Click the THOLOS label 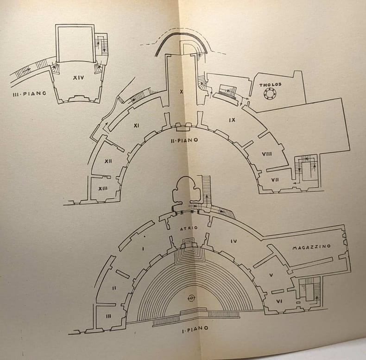tap(271, 85)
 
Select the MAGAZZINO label tap(311, 246)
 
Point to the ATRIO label tap(189, 228)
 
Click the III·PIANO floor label tap(29, 94)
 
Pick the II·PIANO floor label tap(184, 140)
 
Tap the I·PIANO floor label tap(195, 328)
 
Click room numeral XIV tap(78, 78)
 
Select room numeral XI tap(136, 126)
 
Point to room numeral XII tap(108, 161)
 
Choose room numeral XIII tap(103, 189)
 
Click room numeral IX tap(232, 120)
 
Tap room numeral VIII tap(266, 154)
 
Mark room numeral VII tap(275, 180)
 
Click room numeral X tap(181, 92)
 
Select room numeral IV tap(233, 241)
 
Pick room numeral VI tap(279, 301)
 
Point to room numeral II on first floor tap(114, 288)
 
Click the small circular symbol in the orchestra tap(191, 298)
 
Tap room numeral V tap(271, 275)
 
